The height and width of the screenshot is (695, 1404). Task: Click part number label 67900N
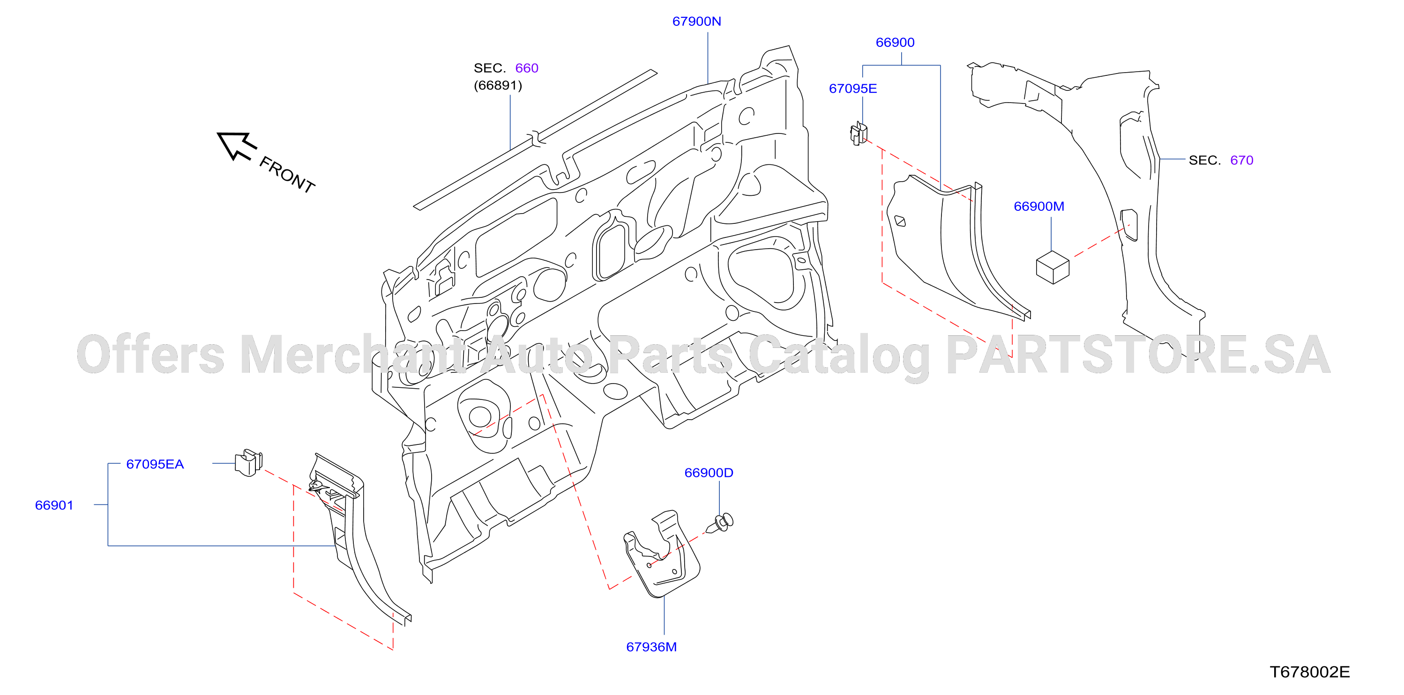[696, 21]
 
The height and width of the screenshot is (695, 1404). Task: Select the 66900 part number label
[895, 43]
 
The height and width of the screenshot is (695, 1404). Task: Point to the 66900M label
[1039, 207]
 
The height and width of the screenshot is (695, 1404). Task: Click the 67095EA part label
[155, 464]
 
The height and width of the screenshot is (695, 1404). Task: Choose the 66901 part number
[54, 505]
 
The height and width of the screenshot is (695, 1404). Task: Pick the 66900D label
[709, 473]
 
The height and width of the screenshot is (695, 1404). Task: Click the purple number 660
[527, 68]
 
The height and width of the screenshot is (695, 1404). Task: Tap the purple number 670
[1241, 160]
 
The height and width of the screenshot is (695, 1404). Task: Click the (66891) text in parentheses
[498, 86]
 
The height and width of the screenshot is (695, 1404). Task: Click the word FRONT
[287, 175]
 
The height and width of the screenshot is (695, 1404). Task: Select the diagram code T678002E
[1310, 672]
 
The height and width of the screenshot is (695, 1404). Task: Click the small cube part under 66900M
[1053, 267]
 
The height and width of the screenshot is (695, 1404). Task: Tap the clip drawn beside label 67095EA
[248, 462]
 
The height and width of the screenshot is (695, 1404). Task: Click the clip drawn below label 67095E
[859, 133]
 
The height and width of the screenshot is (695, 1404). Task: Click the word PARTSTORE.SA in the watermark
[1138, 355]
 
